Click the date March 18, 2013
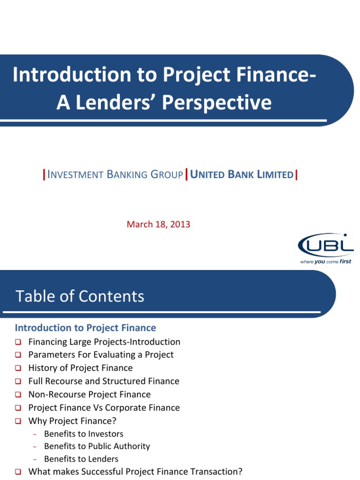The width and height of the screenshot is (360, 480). (x=158, y=224)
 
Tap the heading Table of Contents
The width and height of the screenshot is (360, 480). (x=80, y=296)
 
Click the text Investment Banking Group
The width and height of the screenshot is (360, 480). (x=115, y=175)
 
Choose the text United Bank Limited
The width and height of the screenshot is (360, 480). (x=241, y=175)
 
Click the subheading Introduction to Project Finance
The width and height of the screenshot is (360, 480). (x=85, y=328)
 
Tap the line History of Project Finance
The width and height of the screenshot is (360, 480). (x=80, y=368)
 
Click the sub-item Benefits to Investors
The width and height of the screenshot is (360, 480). (x=83, y=434)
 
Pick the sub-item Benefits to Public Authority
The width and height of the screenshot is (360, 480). (x=97, y=446)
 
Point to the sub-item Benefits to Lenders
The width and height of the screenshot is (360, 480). (x=81, y=459)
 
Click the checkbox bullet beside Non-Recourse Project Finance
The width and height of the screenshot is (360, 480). (x=18, y=395)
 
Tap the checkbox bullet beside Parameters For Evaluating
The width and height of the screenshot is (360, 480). (x=18, y=355)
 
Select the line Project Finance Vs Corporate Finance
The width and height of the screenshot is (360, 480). (x=104, y=408)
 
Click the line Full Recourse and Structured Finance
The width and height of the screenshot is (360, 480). (x=104, y=381)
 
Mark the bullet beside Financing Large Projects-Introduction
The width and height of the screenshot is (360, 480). (x=18, y=342)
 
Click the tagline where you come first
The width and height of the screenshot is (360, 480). (x=325, y=262)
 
